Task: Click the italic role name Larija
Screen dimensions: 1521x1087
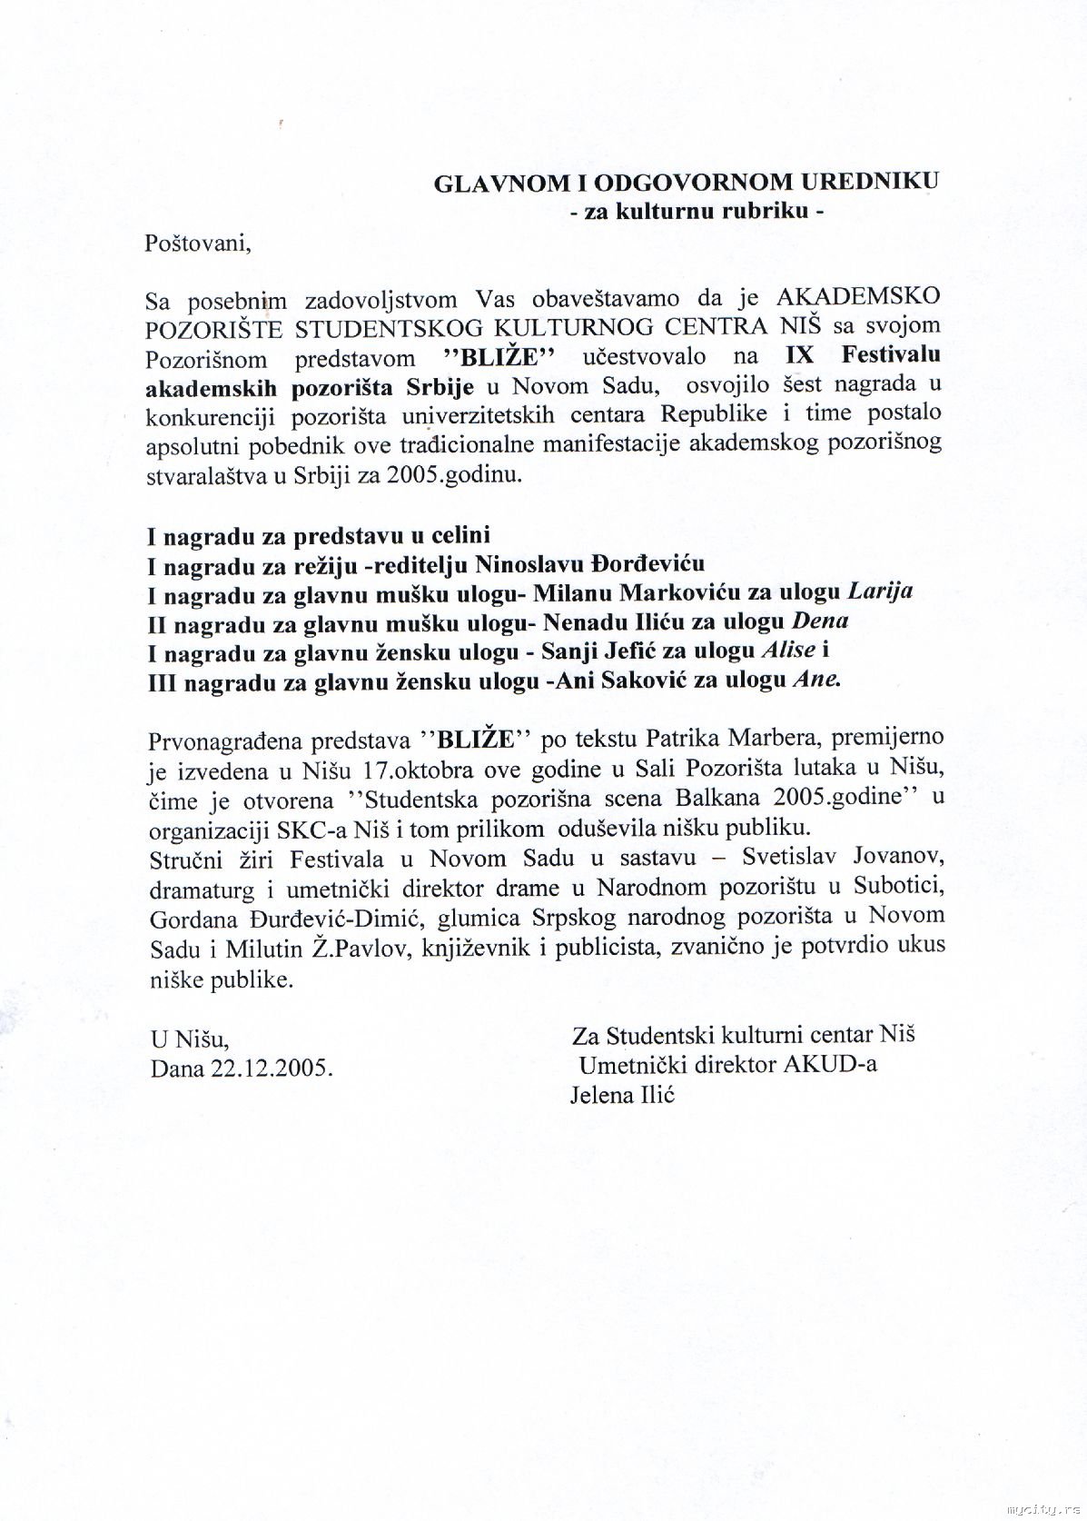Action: (x=879, y=592)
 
